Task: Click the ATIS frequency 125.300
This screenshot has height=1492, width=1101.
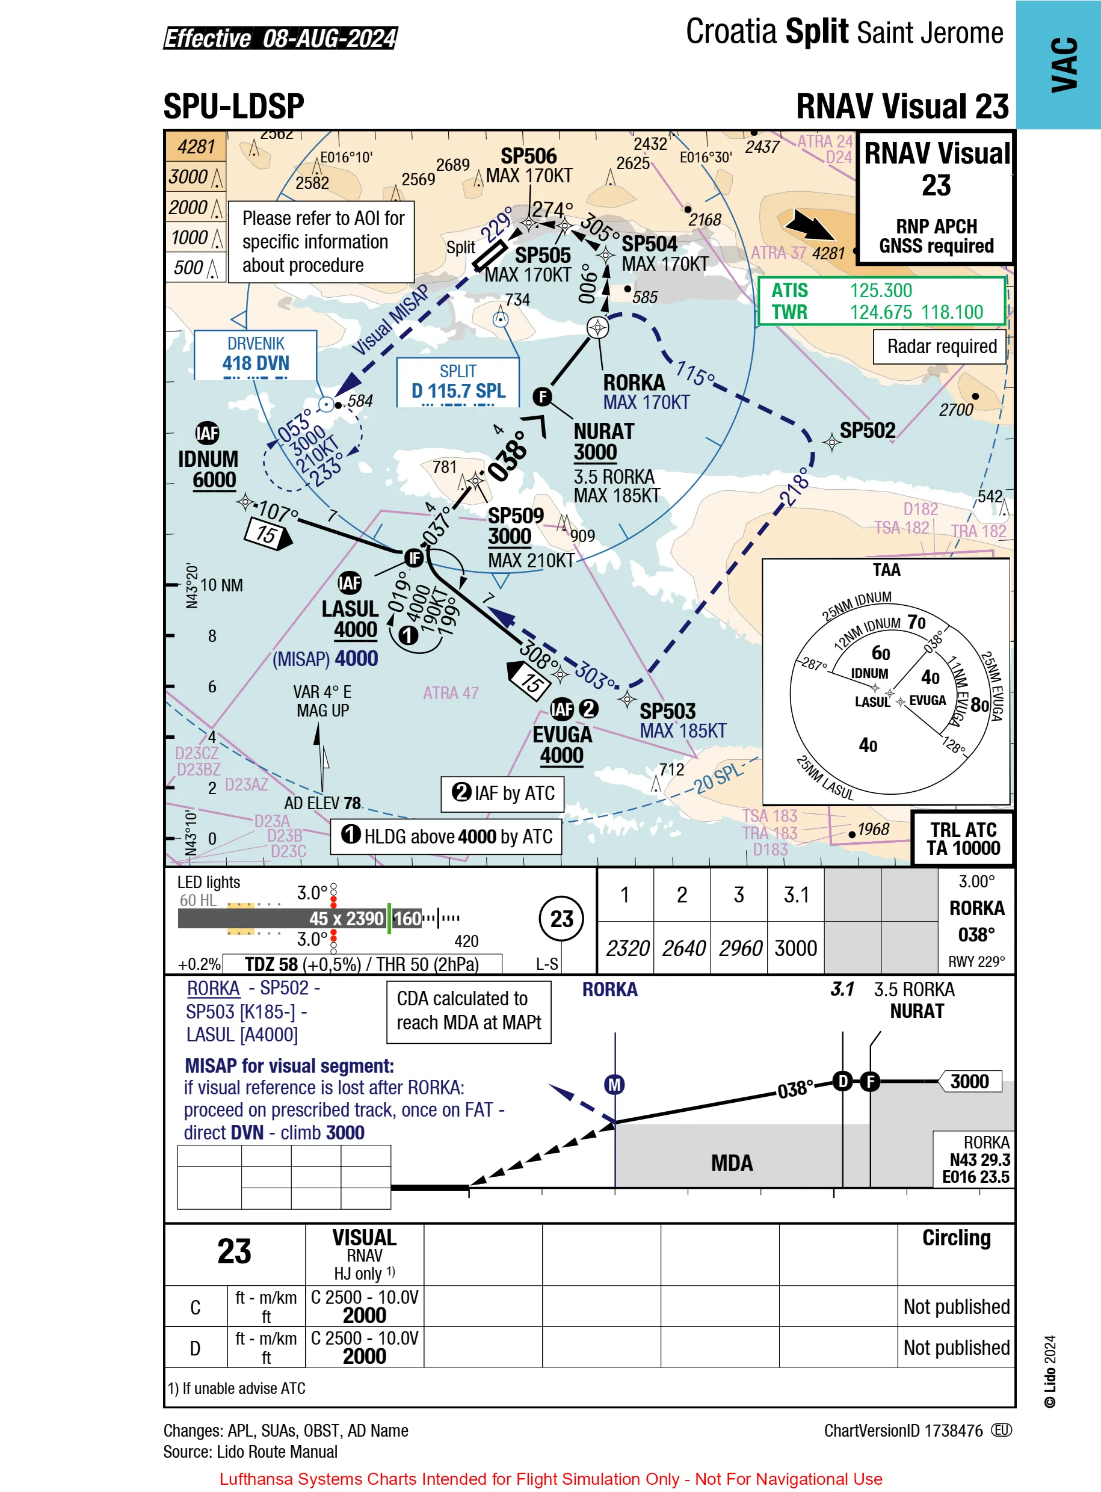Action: click(880, 291)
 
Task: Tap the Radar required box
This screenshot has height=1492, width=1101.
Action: click(940, 347)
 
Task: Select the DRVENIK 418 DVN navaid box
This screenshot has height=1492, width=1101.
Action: click(255, 355)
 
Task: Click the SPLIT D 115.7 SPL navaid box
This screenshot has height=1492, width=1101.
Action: click(458, 382)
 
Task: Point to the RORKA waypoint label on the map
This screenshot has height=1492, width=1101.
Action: click(634, 383)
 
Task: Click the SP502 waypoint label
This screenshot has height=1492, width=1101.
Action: click(867, 431)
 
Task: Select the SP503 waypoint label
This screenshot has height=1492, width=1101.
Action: click(667, 711)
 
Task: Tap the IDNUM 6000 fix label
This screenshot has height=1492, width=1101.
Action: click(208, 470)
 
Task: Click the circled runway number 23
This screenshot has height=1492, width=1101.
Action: click(561, 919)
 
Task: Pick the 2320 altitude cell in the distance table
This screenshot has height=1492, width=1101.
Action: click(626, 948)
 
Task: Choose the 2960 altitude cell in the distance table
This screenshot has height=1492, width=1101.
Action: click(740, 948)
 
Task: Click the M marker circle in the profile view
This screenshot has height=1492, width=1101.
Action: click(614, 1085)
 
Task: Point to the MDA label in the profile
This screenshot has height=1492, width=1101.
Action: click(732, 1163)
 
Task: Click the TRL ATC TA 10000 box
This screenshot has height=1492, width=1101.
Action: click(963, 838)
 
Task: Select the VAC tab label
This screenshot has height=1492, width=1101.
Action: click(1064, 64)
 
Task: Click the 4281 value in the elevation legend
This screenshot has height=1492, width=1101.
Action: click(196, 147)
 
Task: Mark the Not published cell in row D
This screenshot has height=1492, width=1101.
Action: click(957, 1348)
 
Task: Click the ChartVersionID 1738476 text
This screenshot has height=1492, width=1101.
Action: click(903, 1431)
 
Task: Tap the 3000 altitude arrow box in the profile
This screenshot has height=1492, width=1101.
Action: click(970, 1081)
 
